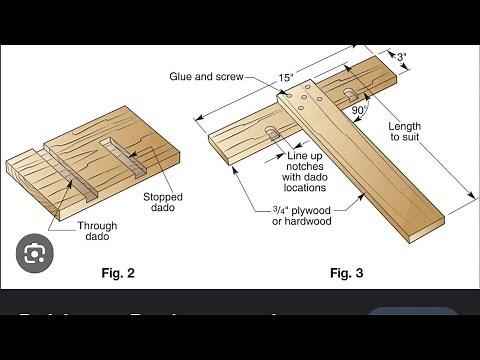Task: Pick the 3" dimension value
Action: [x=400, y=57]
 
